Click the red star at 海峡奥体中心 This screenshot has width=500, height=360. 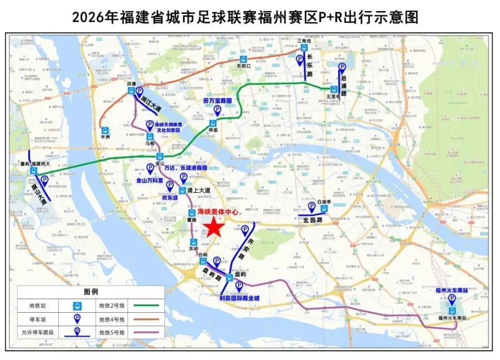click(x=213, y=228)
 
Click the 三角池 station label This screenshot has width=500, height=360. click(x=303, y=41)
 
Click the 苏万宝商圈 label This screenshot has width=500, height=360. click(x=217, y=101)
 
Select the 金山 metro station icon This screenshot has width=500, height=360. click(x=160, y=157)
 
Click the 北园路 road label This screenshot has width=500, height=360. click(x=313, y=219)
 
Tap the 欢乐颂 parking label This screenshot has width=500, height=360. click(x=169, y=197)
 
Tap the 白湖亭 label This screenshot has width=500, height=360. click(x=324, y=202)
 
